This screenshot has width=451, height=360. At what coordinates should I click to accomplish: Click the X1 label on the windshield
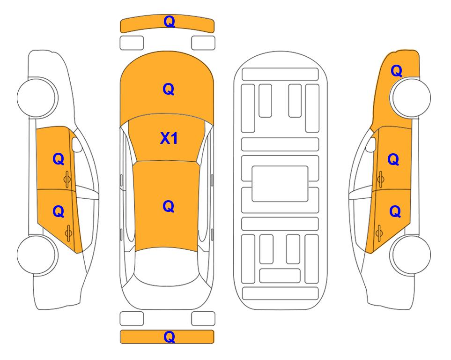169,139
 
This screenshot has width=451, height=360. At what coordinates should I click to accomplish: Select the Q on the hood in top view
169,89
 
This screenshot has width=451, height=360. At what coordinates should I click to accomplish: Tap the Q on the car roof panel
169,206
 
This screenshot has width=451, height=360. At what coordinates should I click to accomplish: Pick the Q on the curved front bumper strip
169,22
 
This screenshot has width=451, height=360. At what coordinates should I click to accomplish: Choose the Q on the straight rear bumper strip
169,337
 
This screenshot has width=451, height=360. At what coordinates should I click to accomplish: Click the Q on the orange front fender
396,71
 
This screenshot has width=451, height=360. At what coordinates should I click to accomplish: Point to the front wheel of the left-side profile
37,97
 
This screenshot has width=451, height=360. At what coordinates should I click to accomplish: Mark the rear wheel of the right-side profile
410,255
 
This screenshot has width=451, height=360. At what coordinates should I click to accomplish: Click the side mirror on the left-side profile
76,144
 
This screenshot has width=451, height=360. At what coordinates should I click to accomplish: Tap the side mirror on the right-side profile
371,144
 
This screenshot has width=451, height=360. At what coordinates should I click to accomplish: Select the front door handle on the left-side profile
67,179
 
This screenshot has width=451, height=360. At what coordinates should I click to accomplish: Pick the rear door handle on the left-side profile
68,233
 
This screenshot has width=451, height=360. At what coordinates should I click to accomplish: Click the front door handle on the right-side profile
380,179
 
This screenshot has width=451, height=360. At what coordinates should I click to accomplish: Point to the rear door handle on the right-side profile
379,233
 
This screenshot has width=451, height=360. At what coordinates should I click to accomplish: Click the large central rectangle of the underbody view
280,184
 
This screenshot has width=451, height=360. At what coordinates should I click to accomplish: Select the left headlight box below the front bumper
132,43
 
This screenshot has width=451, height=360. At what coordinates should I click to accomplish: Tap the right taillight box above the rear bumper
203,319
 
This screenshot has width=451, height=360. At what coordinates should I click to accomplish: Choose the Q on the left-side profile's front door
59,159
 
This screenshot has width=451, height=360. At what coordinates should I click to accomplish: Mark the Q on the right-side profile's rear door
395,212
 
